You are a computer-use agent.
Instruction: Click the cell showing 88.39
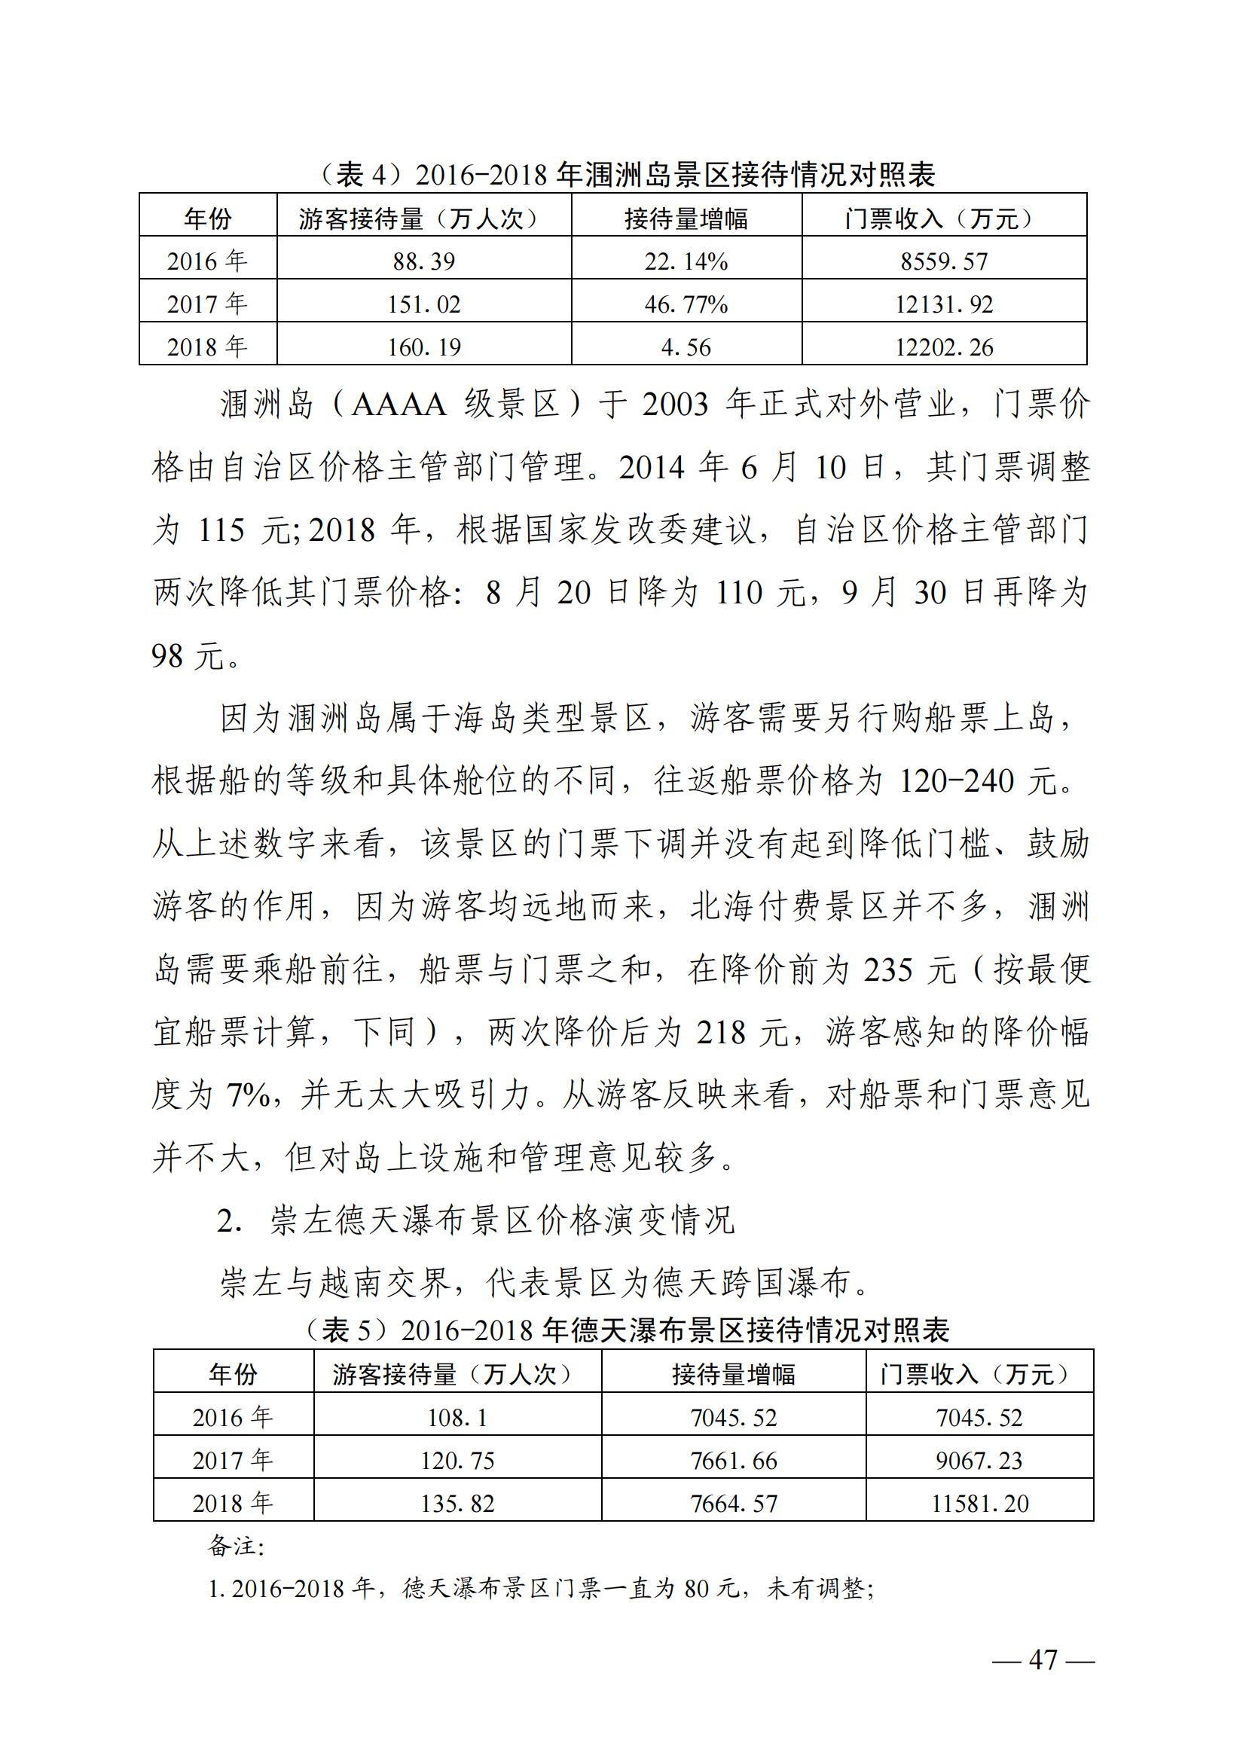pos(423,261)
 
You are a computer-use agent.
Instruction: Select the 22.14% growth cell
pos(686,261)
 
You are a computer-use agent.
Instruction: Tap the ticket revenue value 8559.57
pos(944,261)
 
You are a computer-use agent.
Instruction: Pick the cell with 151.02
pos(423,304)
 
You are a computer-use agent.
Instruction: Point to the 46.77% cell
pos(686,304)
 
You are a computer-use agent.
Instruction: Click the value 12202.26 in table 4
pos(944,347)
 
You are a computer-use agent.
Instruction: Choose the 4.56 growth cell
pos(686,347)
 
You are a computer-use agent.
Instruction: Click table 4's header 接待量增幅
pos(686,219)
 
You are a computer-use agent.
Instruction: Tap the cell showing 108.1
pos(457,1418)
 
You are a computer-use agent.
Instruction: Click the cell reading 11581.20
pos(980,1504)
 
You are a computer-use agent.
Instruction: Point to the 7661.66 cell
pos(734,1461)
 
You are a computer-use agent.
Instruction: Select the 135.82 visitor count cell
pos(457,1504)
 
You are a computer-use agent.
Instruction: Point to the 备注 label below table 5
pos(235,1545)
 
